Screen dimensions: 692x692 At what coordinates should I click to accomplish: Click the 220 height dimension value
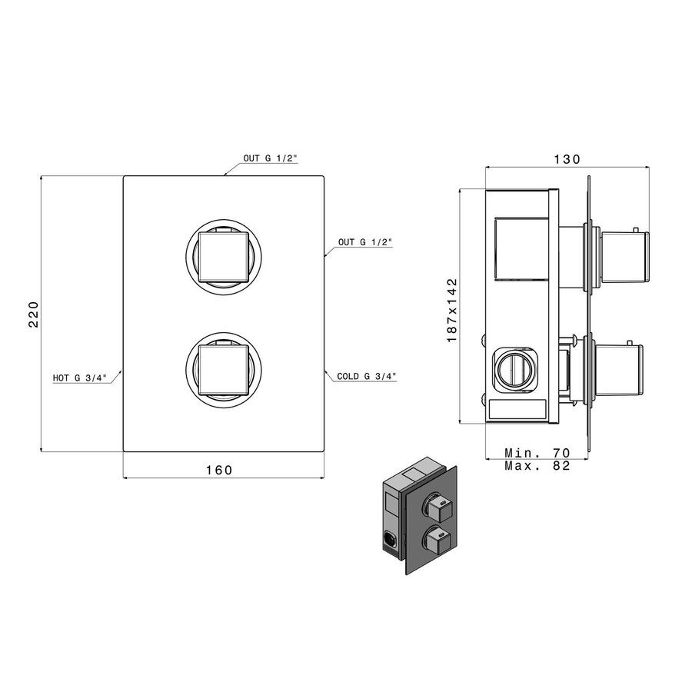pyautogui.click(x=33, y=314)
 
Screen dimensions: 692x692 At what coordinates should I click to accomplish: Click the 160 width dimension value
pyautogui.click(x=219, y=469)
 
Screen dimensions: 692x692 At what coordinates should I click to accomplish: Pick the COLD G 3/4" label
pyautogui.click(x=366, y=377)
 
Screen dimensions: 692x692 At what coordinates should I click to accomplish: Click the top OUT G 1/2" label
pyautogui.click(x=270, y=158)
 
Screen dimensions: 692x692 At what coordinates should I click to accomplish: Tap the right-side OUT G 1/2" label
pyautogui.click(x=365, y=242)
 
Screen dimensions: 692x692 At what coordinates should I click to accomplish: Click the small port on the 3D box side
pyautogui.click(x=389, y=540)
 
